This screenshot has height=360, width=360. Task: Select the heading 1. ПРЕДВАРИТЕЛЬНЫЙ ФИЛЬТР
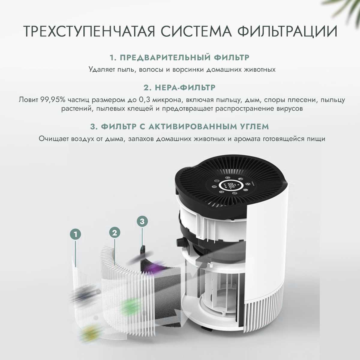click(179, 57)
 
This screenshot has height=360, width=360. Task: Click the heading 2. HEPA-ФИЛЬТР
click(179, 88)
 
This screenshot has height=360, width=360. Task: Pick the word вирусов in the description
click(290, 109)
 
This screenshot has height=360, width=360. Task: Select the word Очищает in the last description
click(54, 139)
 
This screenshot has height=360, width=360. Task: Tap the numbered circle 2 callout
click(115, 232)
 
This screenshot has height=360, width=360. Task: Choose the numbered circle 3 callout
click(142, 222)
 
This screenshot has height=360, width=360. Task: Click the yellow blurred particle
click(88, 332)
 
